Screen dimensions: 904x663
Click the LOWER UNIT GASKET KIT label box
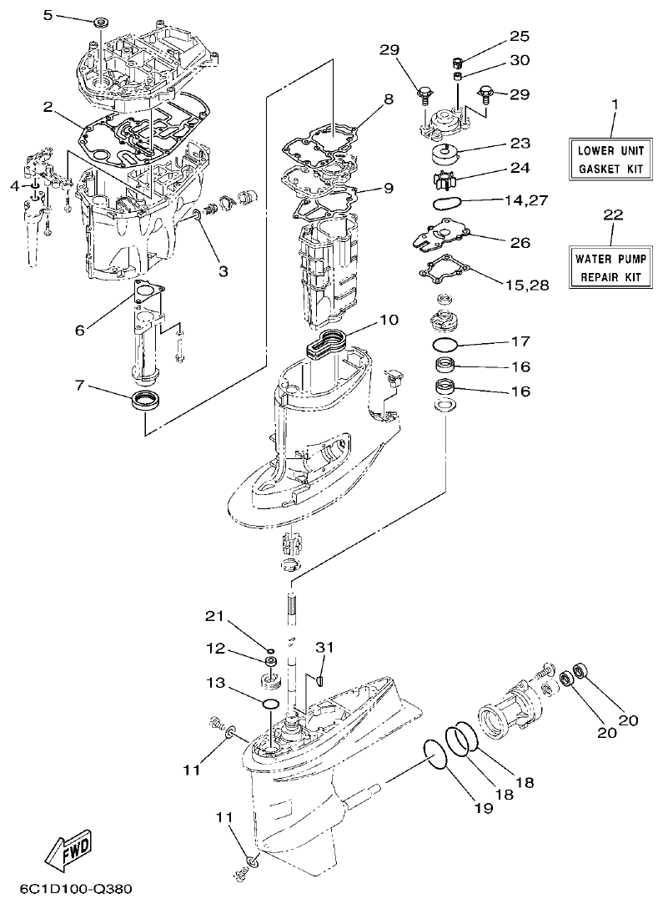point(612,160)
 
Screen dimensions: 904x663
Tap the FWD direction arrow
point(68,850)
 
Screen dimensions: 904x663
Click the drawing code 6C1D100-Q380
point(71,890)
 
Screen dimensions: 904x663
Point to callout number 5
point(70,15)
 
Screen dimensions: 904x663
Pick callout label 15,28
point(527,285)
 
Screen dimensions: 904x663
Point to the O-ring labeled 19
point(434,752)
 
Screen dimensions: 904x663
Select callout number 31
point(324,647)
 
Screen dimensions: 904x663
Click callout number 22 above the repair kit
point(612,215)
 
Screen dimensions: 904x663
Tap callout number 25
point(520,38)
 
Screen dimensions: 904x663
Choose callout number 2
point(48,107)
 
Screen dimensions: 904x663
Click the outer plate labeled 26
point(439,235)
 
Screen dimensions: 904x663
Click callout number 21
point(216,617)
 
